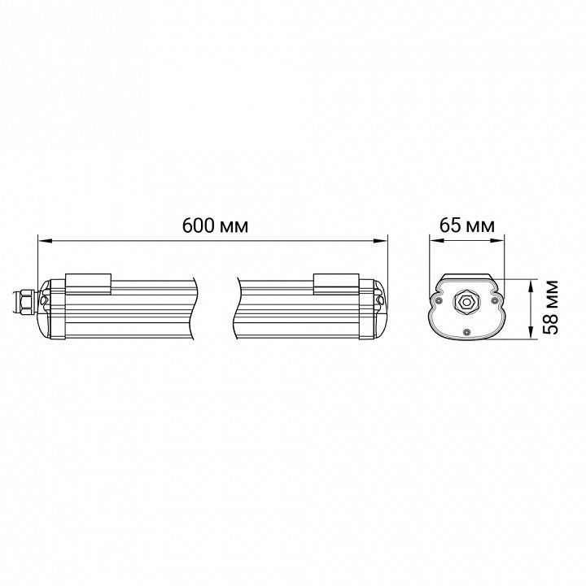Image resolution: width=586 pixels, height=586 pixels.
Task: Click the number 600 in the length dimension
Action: pos(198,225)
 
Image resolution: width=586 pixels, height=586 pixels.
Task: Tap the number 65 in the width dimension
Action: pos(450,225)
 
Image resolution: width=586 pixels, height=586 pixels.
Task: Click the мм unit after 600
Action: pos(234,228)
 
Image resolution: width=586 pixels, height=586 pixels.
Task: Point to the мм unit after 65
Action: pos(480,228)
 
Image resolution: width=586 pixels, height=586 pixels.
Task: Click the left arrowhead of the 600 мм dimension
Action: pos(45,241)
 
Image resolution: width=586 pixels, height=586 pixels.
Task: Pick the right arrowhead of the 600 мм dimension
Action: pos(380,241)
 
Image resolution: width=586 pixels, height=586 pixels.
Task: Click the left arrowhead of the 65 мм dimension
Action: pos(436,241)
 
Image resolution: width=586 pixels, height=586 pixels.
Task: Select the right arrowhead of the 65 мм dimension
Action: pos(498,241)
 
